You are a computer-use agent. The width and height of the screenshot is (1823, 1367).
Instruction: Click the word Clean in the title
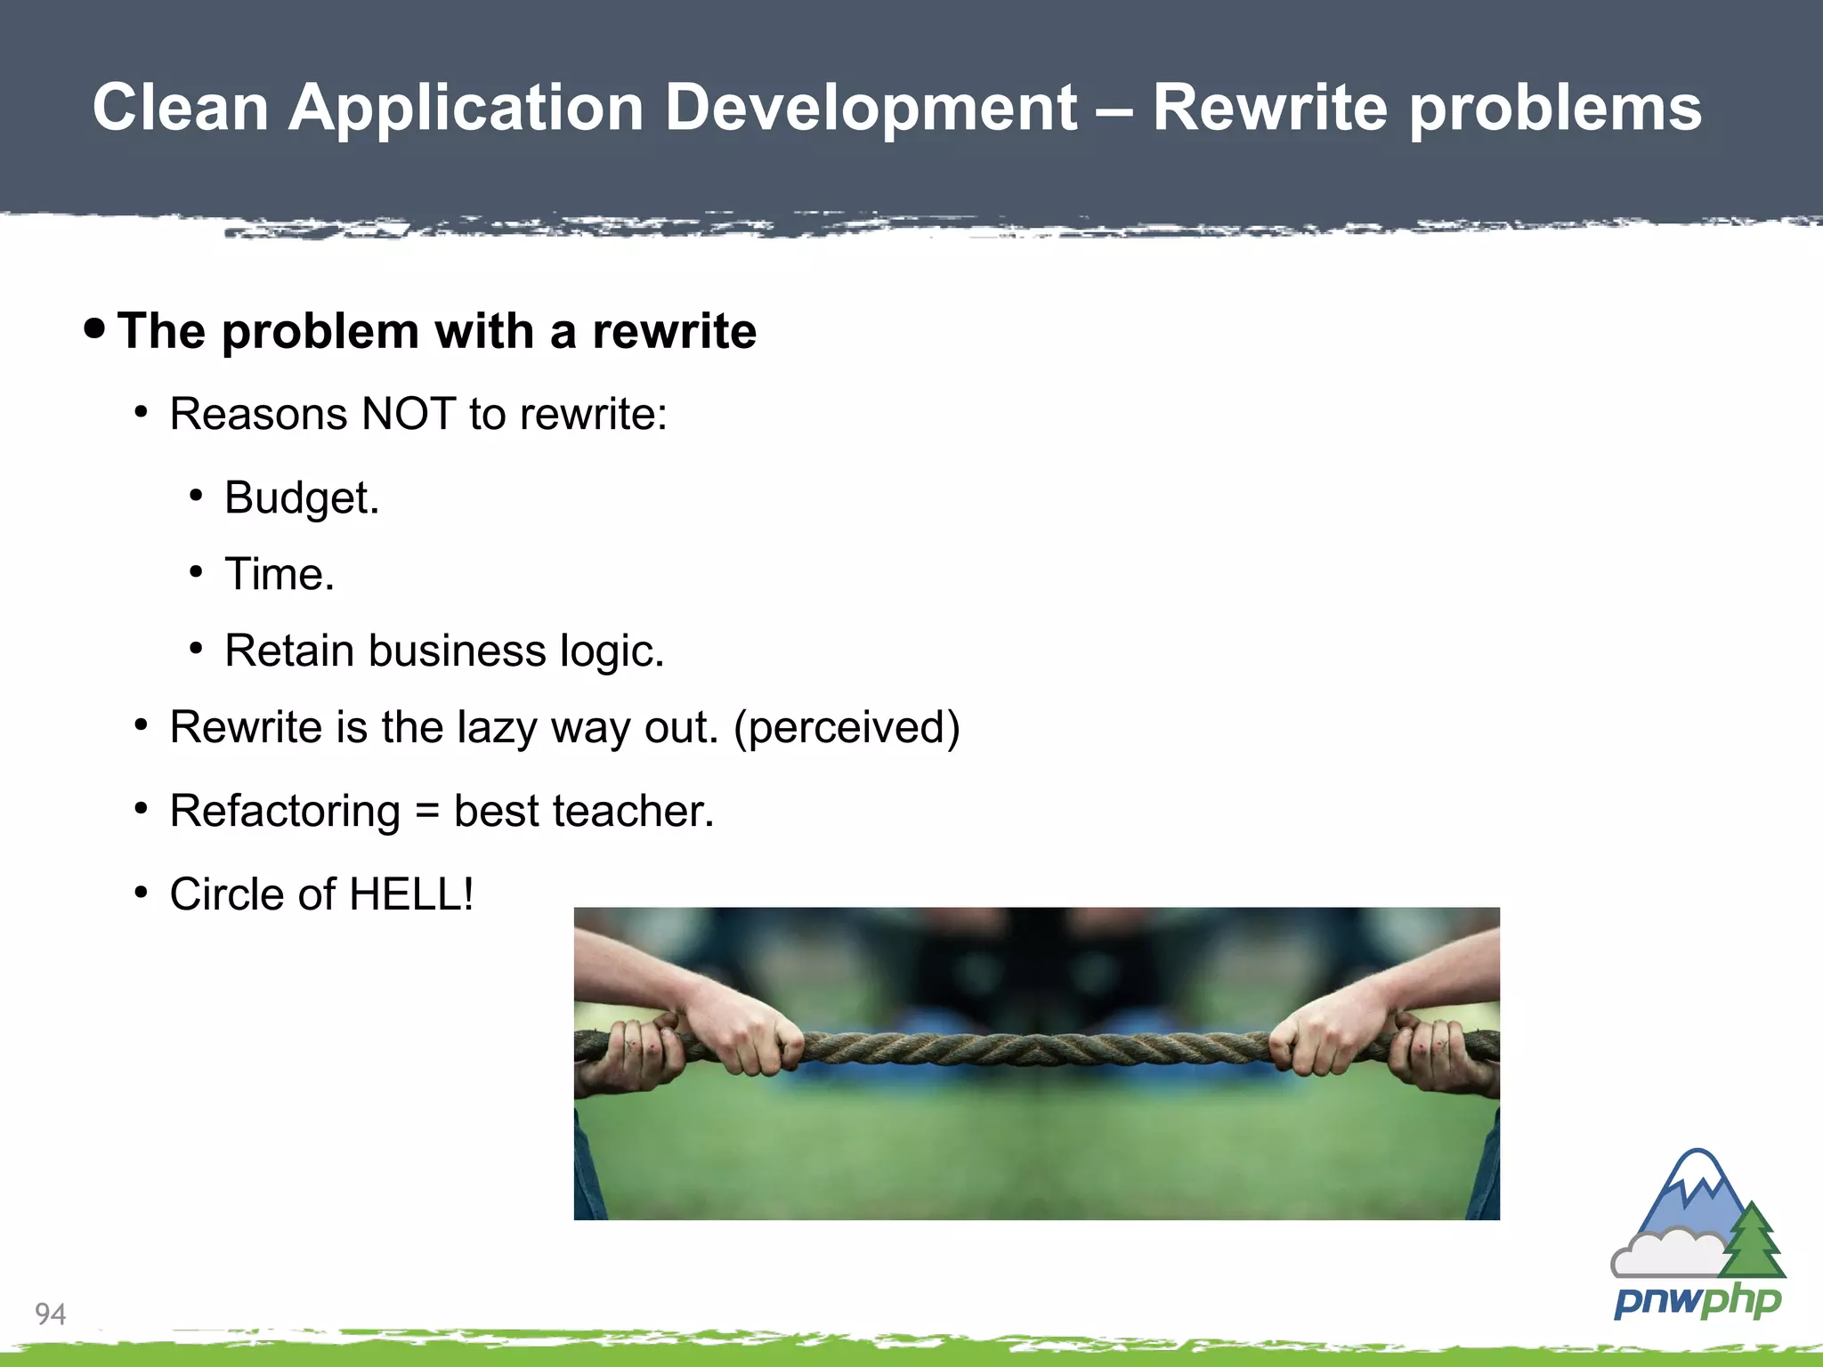181,109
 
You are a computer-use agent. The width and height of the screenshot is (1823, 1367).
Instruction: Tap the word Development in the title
871,109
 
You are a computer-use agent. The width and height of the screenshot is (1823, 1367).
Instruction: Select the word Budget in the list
301,497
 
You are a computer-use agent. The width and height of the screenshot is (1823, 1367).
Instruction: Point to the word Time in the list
278,574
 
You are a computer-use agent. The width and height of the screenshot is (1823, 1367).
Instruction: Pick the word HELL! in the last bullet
411,894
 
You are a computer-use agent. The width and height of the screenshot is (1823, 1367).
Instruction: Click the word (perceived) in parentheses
847,728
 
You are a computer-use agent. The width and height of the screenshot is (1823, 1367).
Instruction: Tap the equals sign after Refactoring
427,812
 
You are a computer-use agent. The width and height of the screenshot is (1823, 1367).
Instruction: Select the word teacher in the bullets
633,812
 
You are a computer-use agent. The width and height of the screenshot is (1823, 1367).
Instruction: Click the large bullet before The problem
94,328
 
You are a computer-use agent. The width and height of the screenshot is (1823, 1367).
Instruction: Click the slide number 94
50,1314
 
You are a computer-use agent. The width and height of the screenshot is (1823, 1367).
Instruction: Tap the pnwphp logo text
1697,1301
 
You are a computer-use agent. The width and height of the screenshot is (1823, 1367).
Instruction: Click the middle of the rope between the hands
1036,1048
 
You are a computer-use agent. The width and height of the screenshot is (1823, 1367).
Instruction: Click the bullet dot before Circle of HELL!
141,892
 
